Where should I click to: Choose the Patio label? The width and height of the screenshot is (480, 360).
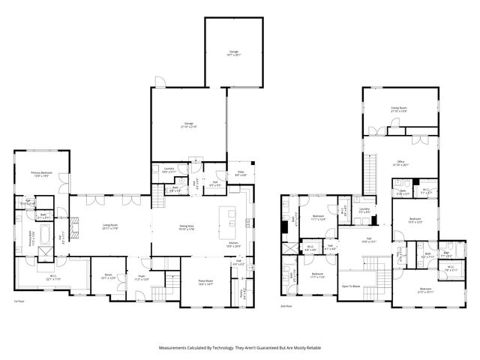click(240, 174)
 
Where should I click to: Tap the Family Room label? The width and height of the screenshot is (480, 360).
click(399, 109)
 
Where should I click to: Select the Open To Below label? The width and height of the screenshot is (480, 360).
click(352, 286)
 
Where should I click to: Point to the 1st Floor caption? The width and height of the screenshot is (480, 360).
click(19, 301)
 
